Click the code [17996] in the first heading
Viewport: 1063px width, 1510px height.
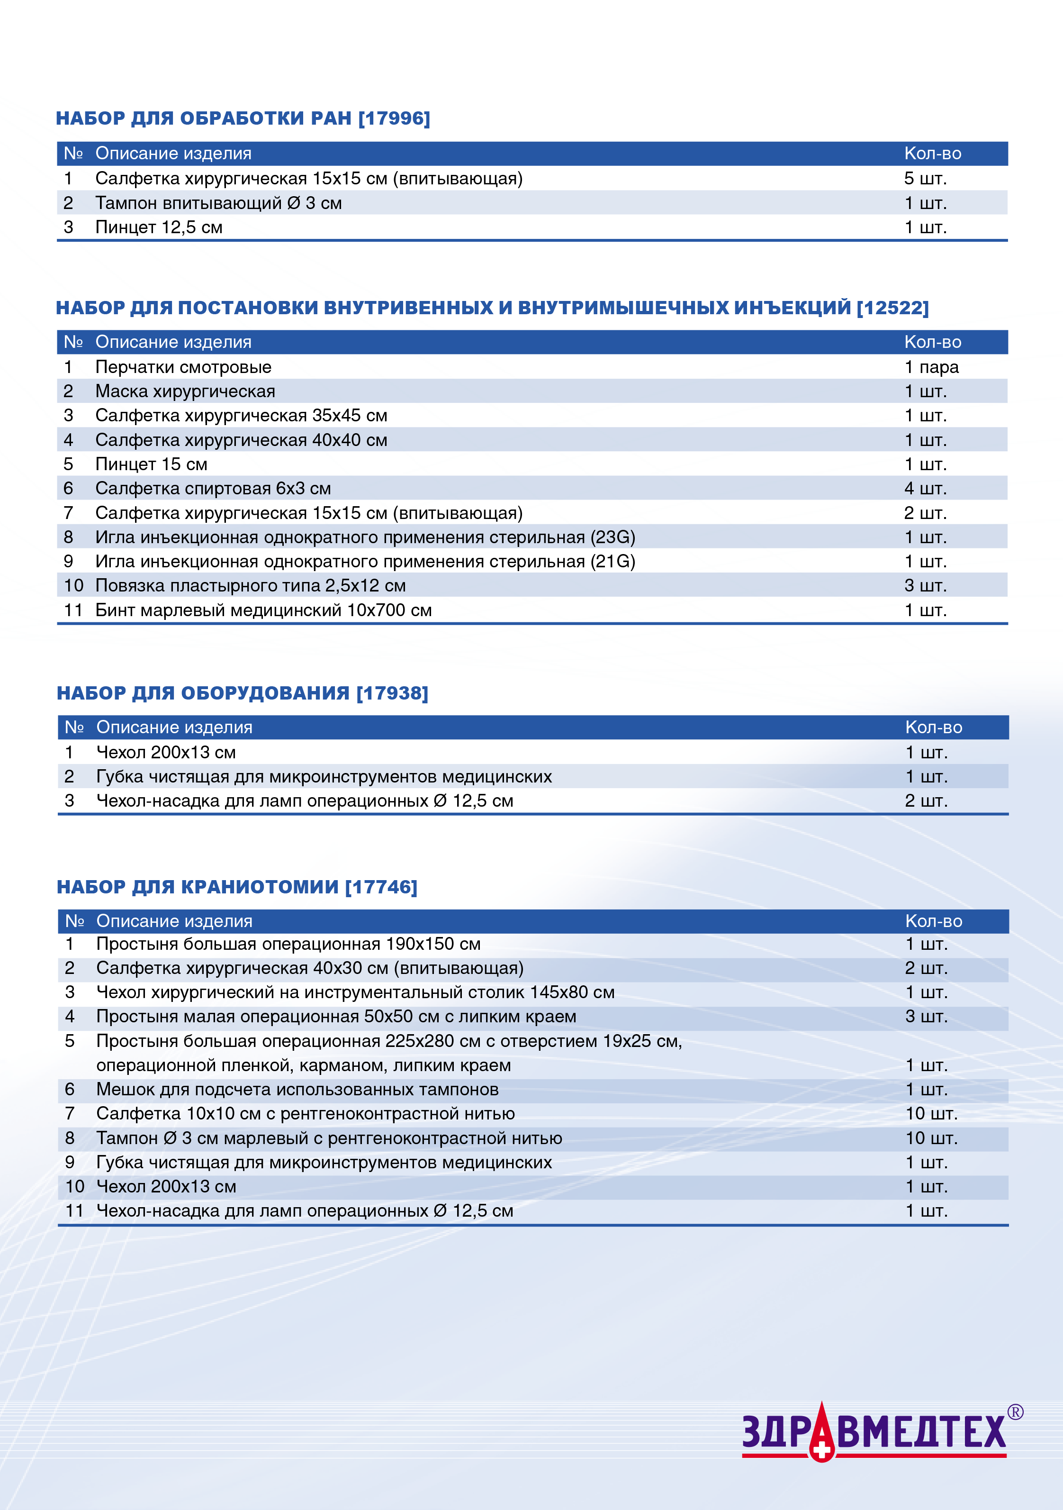394,118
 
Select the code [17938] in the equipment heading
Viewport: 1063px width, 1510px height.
392,693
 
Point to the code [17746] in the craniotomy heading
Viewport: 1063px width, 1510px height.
381,887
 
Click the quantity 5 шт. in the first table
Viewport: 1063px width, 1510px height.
925,178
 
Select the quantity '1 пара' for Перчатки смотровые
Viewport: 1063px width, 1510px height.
931,367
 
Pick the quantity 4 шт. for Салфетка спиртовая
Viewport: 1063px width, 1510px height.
925,489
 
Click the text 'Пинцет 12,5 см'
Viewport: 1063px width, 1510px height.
159,227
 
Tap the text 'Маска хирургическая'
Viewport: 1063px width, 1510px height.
185,391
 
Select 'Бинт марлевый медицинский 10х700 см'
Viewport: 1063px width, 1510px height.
263,610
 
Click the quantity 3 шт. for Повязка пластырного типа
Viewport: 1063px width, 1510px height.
925,585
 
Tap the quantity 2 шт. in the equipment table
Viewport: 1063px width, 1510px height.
926,801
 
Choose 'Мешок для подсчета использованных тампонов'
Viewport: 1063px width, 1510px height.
297,1090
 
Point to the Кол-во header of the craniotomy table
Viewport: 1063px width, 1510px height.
934,921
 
